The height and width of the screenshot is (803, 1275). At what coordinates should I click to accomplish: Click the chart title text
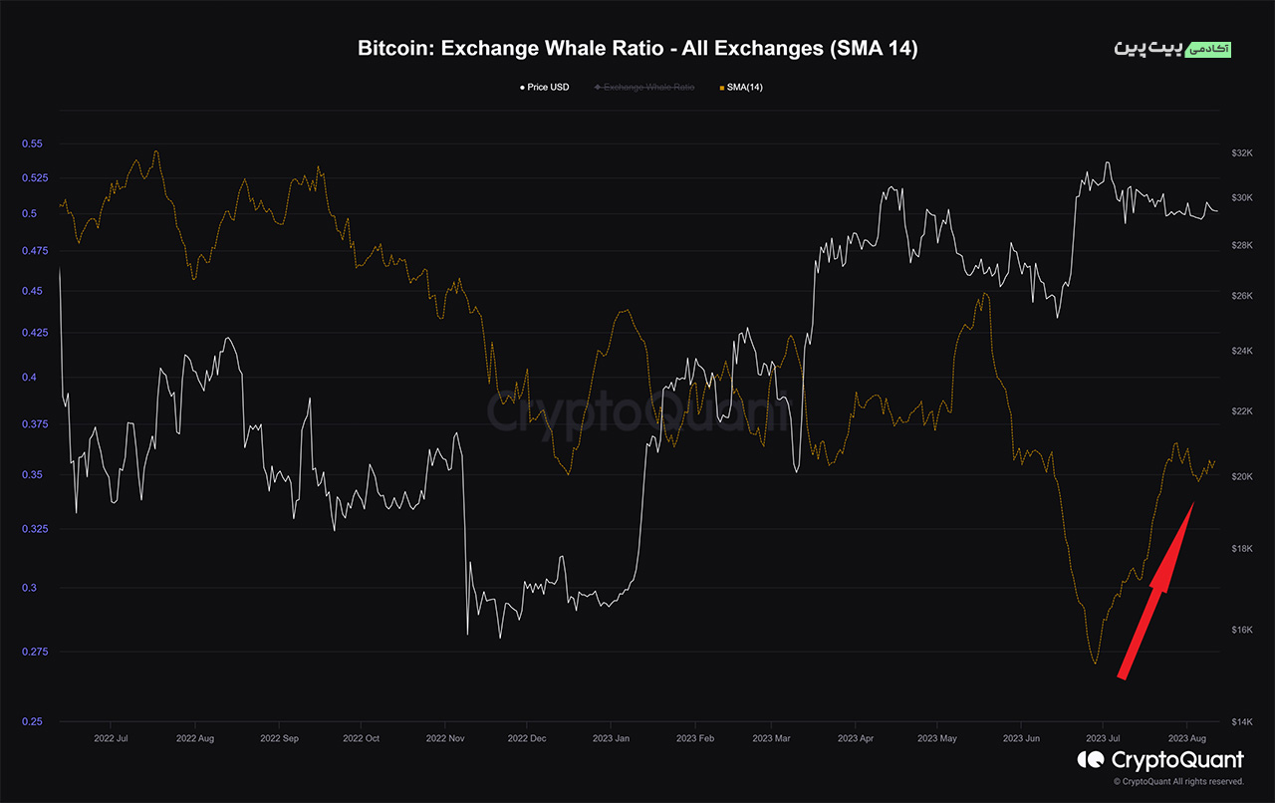coord(637,49)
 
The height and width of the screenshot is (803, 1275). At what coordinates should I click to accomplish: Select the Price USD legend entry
coord(547,88)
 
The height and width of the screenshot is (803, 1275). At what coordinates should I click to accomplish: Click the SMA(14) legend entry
coord(743,88)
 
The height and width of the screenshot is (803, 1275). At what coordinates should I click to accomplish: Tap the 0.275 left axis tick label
coord(32,652)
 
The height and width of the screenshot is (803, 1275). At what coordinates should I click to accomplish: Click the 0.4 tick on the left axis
coord(32,378)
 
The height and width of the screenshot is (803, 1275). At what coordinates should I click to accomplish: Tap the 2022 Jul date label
coord(111,738)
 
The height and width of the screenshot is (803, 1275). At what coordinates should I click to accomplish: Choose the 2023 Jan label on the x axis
coord(611,738)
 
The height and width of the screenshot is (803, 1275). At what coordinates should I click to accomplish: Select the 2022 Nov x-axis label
coord(445,738)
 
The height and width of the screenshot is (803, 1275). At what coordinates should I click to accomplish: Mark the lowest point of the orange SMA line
coord(1096,664)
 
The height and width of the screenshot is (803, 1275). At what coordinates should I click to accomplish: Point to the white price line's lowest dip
coord(500,638)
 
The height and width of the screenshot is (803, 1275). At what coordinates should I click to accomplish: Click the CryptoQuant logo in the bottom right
coord(1160,761)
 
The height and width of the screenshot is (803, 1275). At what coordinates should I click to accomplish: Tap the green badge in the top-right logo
coord(1216,49)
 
